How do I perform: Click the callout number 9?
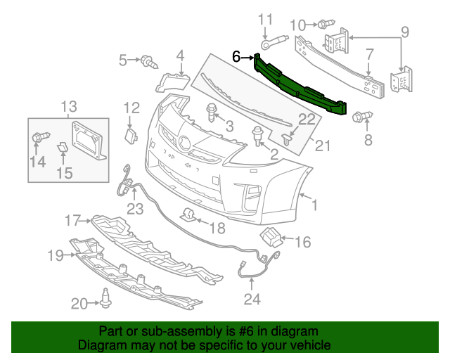coord(404,31)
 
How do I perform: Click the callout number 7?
coord(369,53)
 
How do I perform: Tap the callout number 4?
coord(180,55)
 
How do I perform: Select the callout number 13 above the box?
coord(68,107)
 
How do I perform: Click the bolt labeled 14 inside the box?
coord(38,138)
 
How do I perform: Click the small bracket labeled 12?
coord(130,134)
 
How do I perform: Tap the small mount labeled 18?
coord(188,215)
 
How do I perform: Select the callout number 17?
coord(74,221)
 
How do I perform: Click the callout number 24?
coord(252,300)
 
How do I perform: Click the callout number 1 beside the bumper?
coord(315,205)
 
